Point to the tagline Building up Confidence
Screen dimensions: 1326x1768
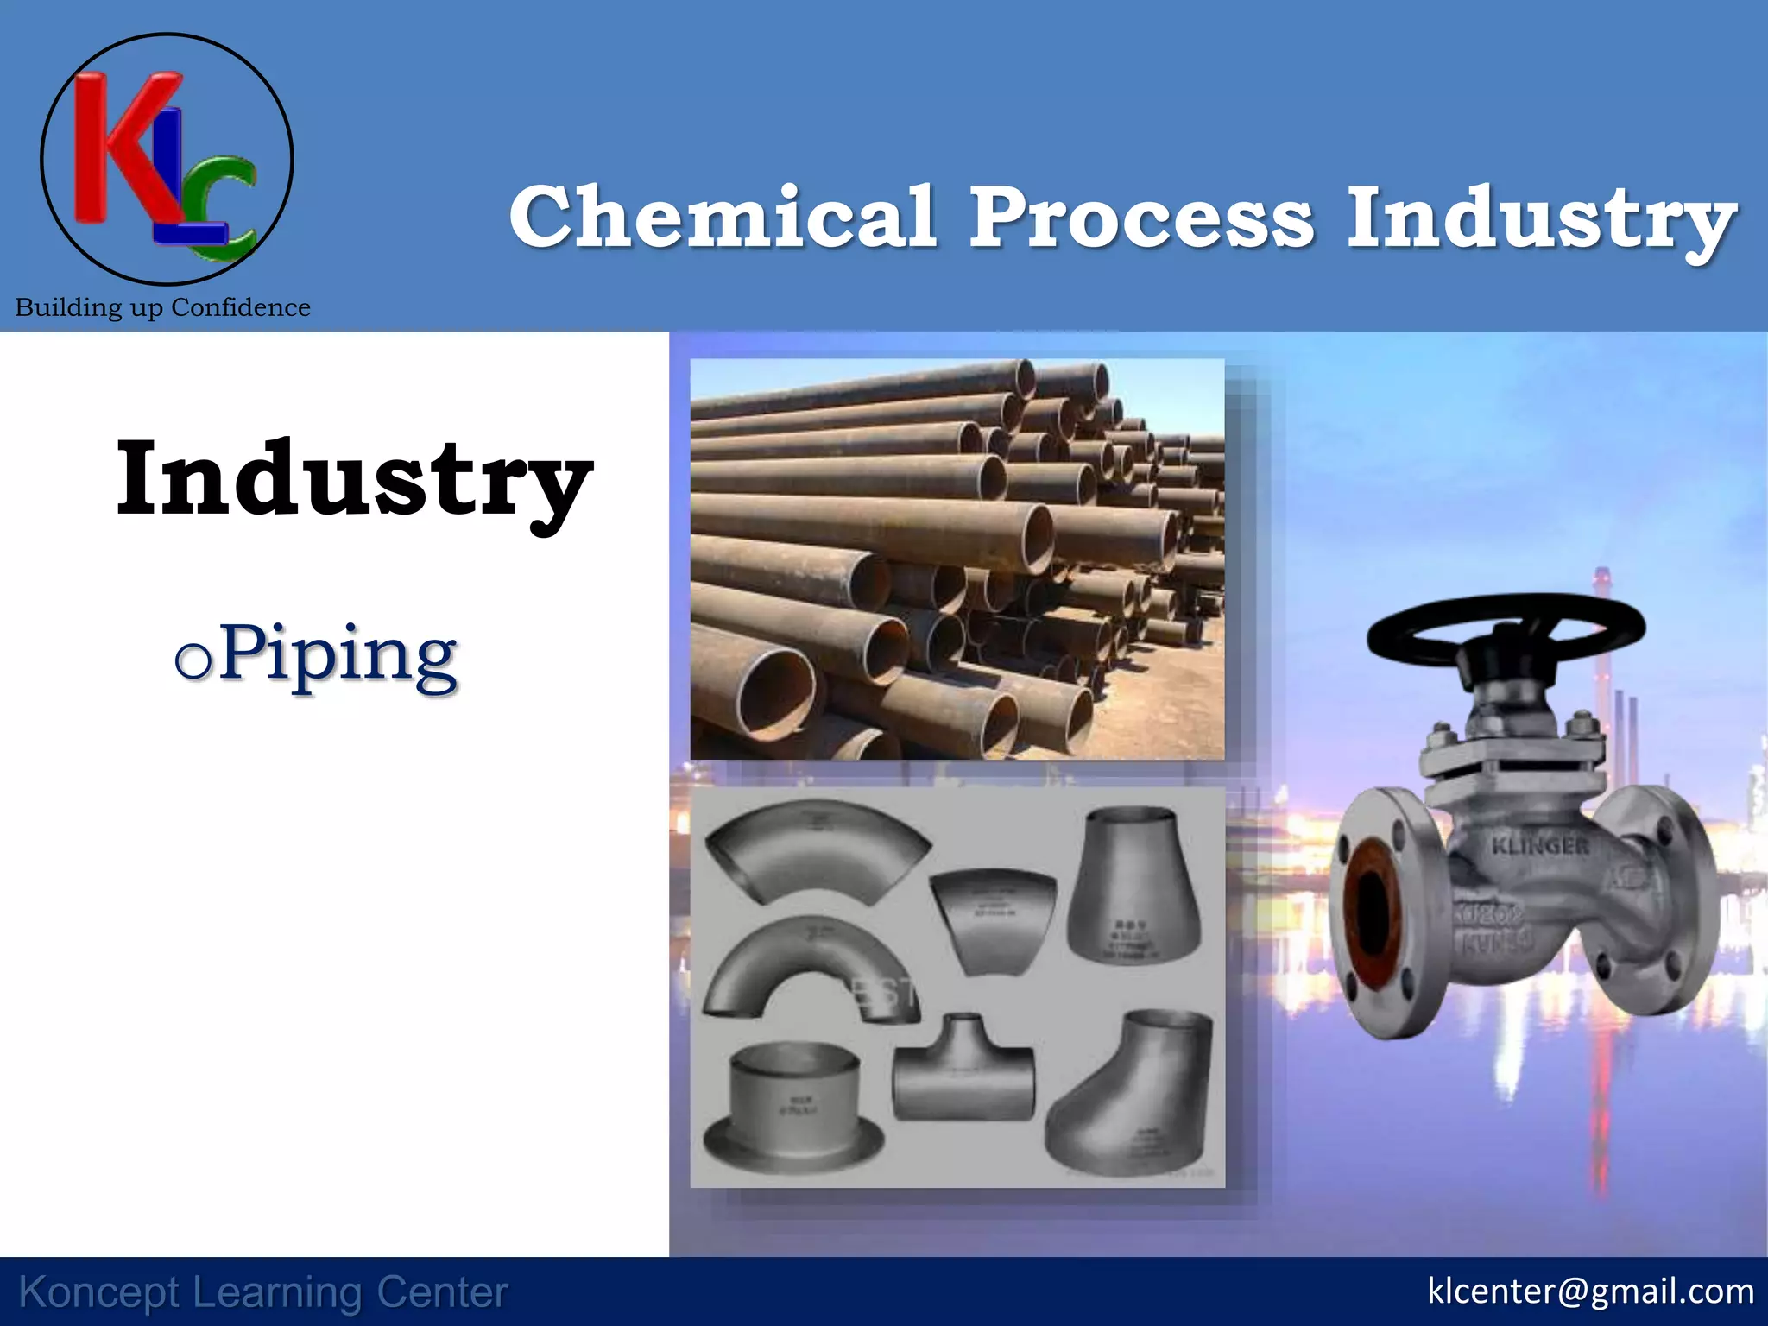coord(162,307)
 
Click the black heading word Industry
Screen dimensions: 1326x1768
coord(354,479)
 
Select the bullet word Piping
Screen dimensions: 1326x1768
coord(337,656)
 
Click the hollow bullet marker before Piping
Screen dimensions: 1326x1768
coord(192,661)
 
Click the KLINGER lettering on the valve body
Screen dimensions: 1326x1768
coord(1540,845)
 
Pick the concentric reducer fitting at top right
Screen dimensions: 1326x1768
coord(1133,889)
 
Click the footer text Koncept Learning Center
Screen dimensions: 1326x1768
coord(263,1292)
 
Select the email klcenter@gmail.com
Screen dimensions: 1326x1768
coord(1590,1291)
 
